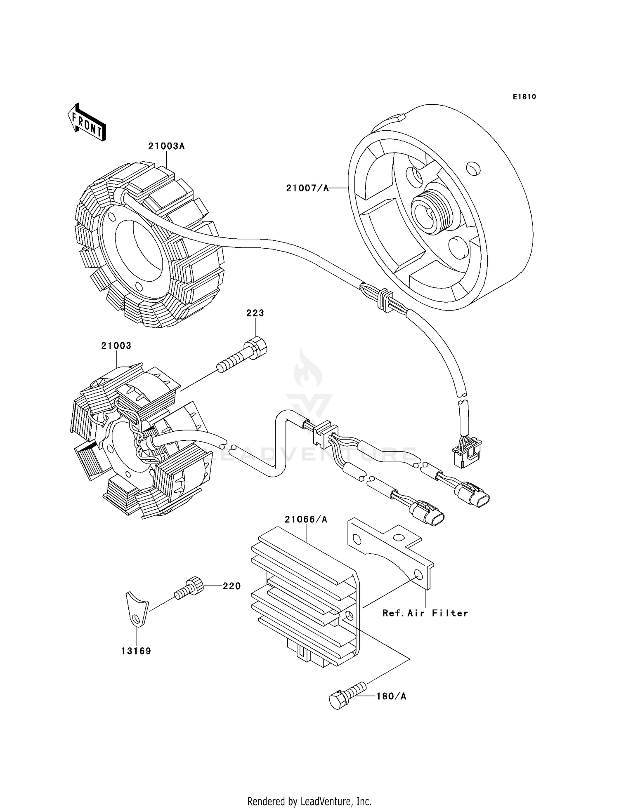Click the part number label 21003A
(x=166, y=146)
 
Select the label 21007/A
(x=307, y=188)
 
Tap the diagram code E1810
(x=524, y=97)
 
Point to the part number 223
(x=255, y=313)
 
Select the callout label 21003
(x=116, y=346)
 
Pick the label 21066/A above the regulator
(x=306, y=520)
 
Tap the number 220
(x=232, y=586)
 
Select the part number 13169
(x=136, y=651)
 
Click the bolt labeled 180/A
(x=347, y=696)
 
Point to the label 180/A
(x=391, y=696)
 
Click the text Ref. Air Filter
(x=425, y=613)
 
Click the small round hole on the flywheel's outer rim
(x=473, y=168)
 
